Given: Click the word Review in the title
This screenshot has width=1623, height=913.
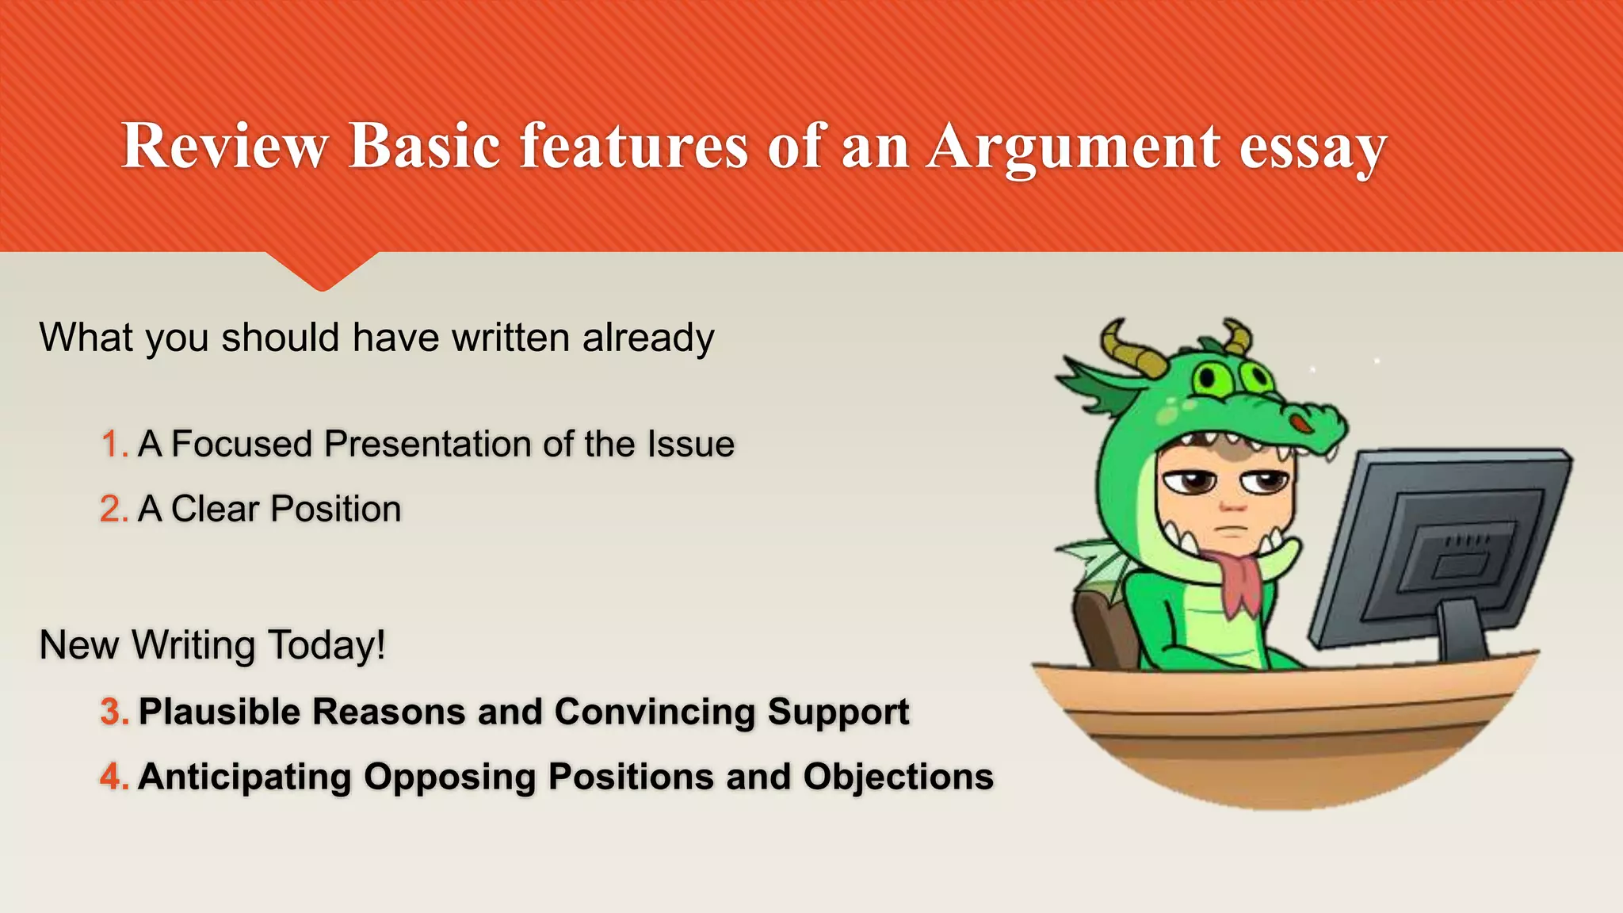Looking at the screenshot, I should pos(224,146).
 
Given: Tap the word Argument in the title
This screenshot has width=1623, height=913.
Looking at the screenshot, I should pos(1073,146).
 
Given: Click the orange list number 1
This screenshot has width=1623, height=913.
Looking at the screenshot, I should pos(113,445).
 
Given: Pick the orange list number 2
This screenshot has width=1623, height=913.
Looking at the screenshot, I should pos(113,510).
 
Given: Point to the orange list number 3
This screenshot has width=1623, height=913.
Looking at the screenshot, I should pos(113,712).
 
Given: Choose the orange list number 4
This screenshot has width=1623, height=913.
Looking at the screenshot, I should pos(113,777).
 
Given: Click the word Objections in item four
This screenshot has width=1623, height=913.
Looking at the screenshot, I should pos(898,777).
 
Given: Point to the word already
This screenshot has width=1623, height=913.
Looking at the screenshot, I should pos(648,338).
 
